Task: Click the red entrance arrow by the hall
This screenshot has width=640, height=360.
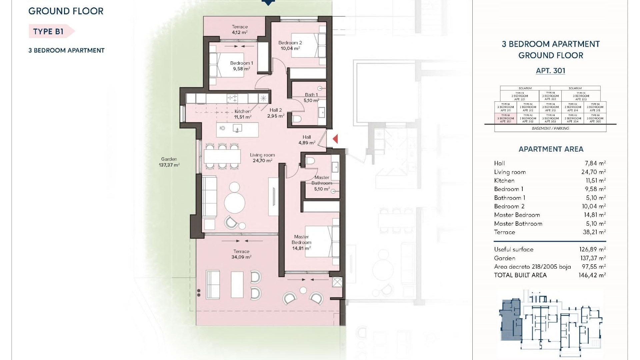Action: click(335, 139)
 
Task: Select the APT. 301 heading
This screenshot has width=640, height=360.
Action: click(550, 71)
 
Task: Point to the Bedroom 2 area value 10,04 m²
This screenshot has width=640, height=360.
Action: click(290, 48)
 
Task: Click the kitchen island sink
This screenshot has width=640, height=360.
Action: click(237, 128)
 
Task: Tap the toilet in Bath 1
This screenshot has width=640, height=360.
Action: click(297, 119)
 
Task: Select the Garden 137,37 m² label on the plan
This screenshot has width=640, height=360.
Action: click(169, 162)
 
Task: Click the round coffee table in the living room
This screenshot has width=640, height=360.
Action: click(234, 202)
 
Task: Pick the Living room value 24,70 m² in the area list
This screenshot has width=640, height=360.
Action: click(593, 172)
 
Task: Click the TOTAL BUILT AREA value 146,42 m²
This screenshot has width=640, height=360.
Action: click(592, 275)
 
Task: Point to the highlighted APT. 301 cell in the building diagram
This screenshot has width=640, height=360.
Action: click(505, 118)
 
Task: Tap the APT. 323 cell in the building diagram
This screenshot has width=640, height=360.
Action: click(581, 96)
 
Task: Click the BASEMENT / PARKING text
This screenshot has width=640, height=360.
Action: click(550, 128)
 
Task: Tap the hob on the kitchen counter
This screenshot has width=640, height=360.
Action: click(232, 98)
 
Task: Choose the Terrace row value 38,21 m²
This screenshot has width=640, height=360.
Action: click(594, 232)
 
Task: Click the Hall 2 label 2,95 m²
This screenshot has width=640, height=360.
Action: click(276, 113)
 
